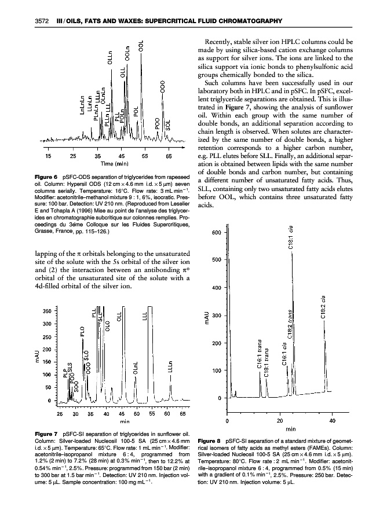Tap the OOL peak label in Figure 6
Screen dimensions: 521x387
140,46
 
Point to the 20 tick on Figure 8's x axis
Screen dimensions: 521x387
280,421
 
